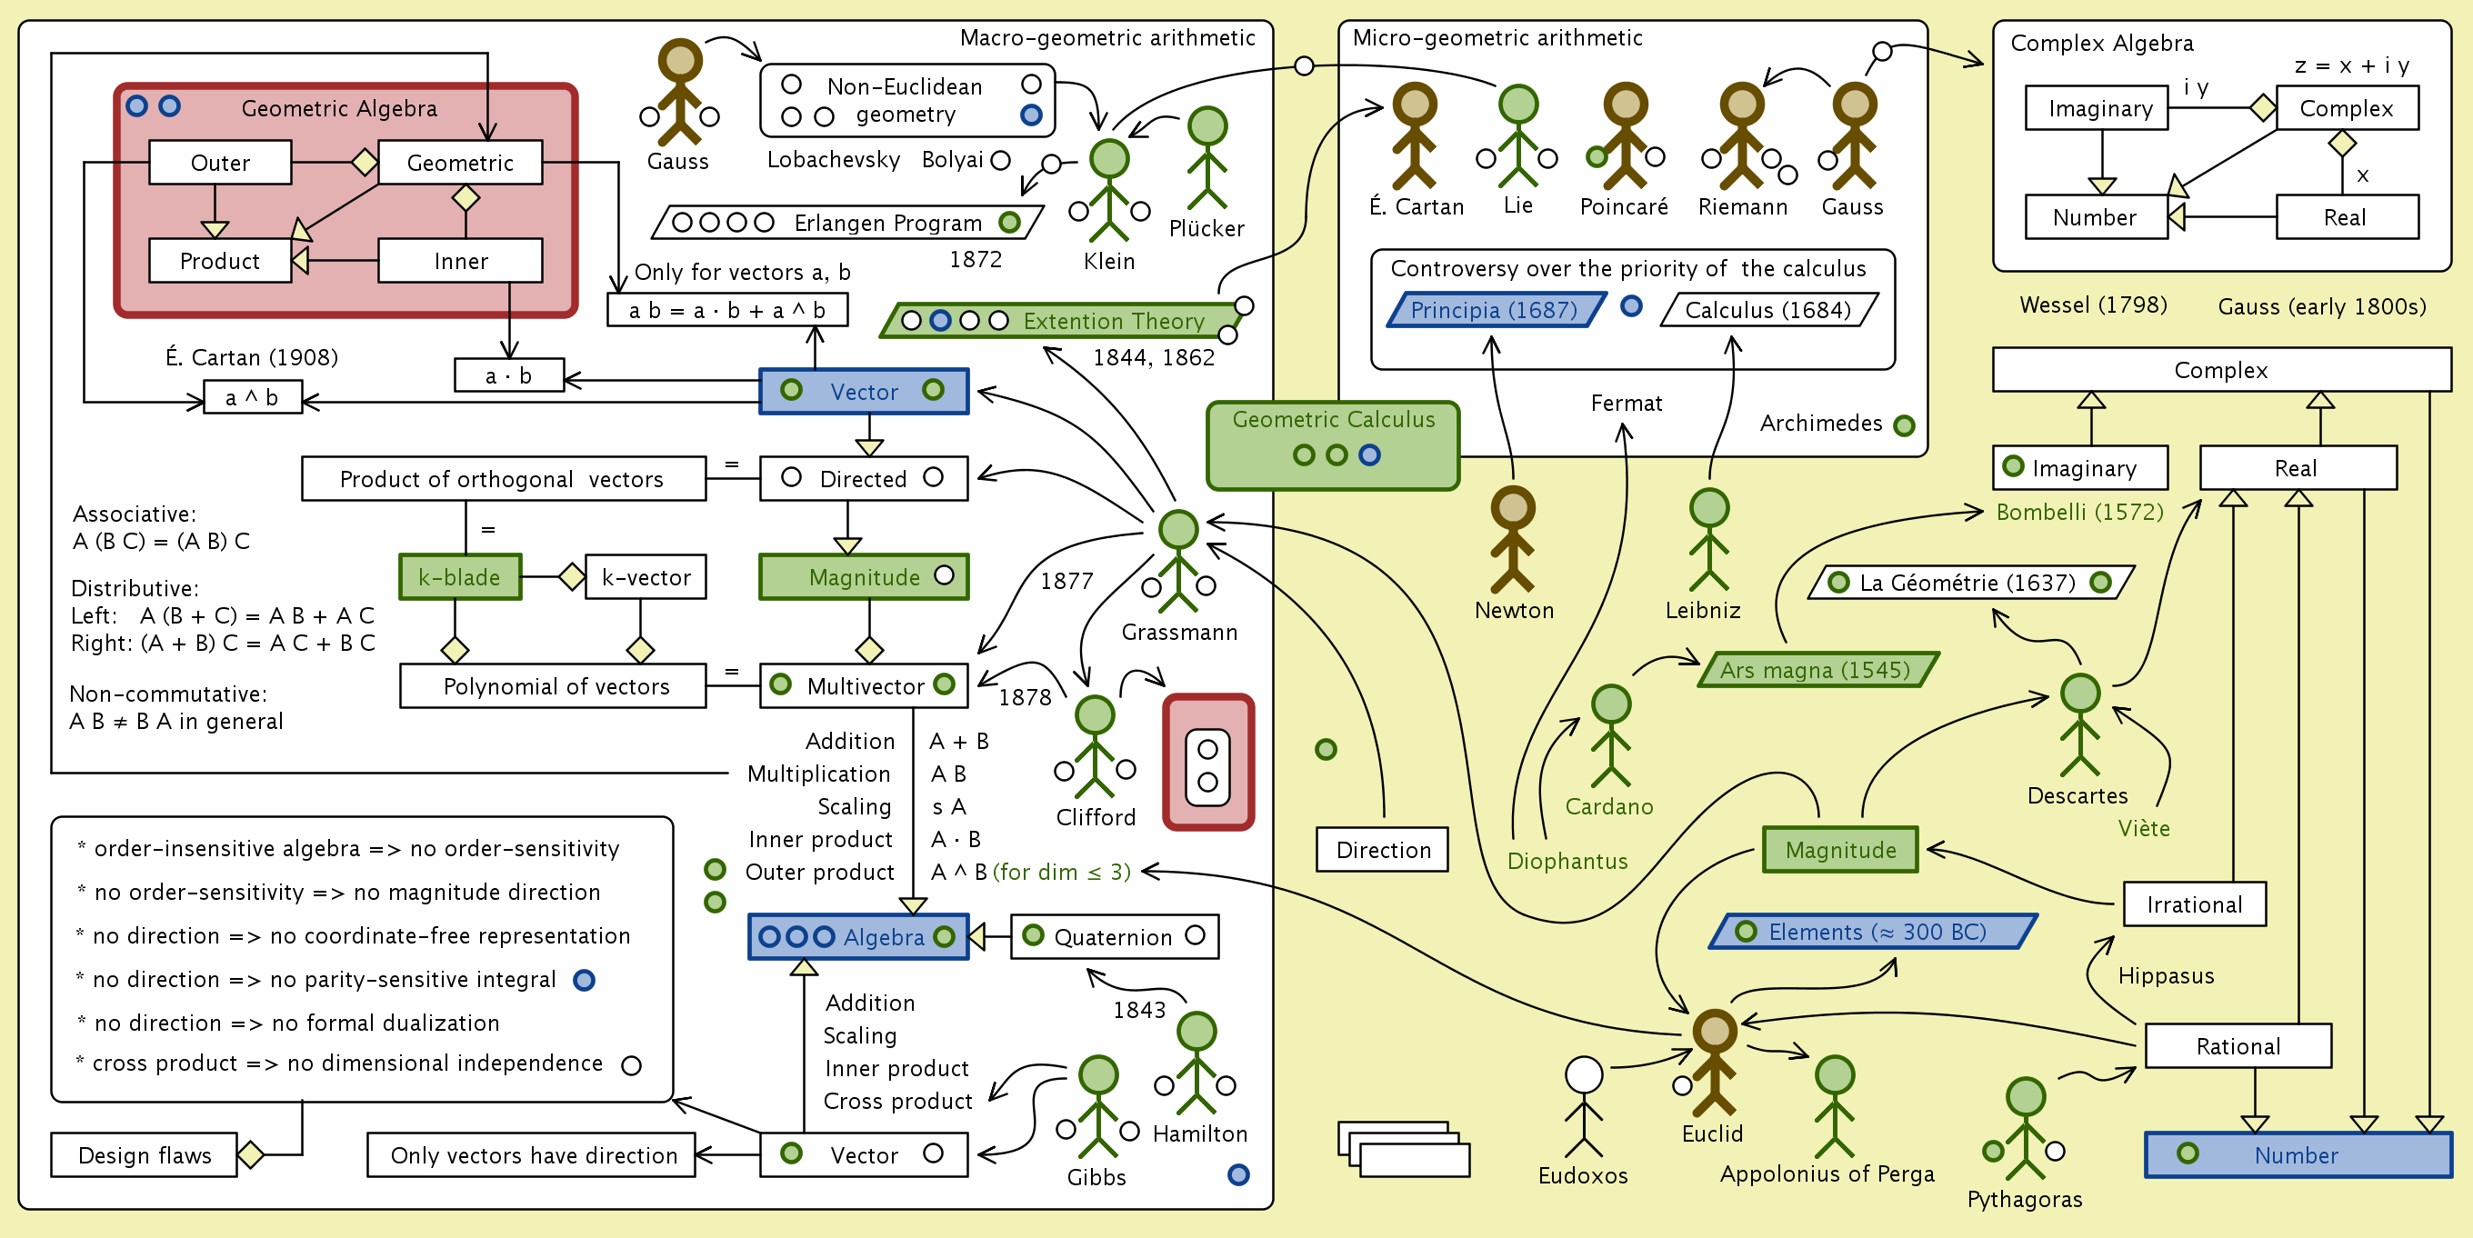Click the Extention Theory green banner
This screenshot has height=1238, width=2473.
click(1066, 321)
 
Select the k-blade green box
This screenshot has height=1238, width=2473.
click(460, 577)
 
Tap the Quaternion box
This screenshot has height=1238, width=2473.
click(1114, 936)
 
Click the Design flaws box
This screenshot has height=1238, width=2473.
click(144, 1154)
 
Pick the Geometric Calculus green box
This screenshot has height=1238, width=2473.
click(1333, 444)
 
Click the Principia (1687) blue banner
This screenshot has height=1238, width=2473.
click(1494, 310)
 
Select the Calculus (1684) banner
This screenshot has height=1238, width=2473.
click(1767, 310)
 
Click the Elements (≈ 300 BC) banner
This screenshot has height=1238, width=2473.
click(1873, 932)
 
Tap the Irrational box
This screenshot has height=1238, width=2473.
click(2194, 904)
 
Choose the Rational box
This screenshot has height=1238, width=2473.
click(2238, 1046)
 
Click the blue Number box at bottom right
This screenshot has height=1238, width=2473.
click(2298, 1154)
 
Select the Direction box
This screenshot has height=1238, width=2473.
click(1382, 849)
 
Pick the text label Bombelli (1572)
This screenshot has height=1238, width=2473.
click(2079, 513)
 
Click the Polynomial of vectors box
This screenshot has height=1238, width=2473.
click(554, 686)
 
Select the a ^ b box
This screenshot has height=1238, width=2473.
click(253, 397)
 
